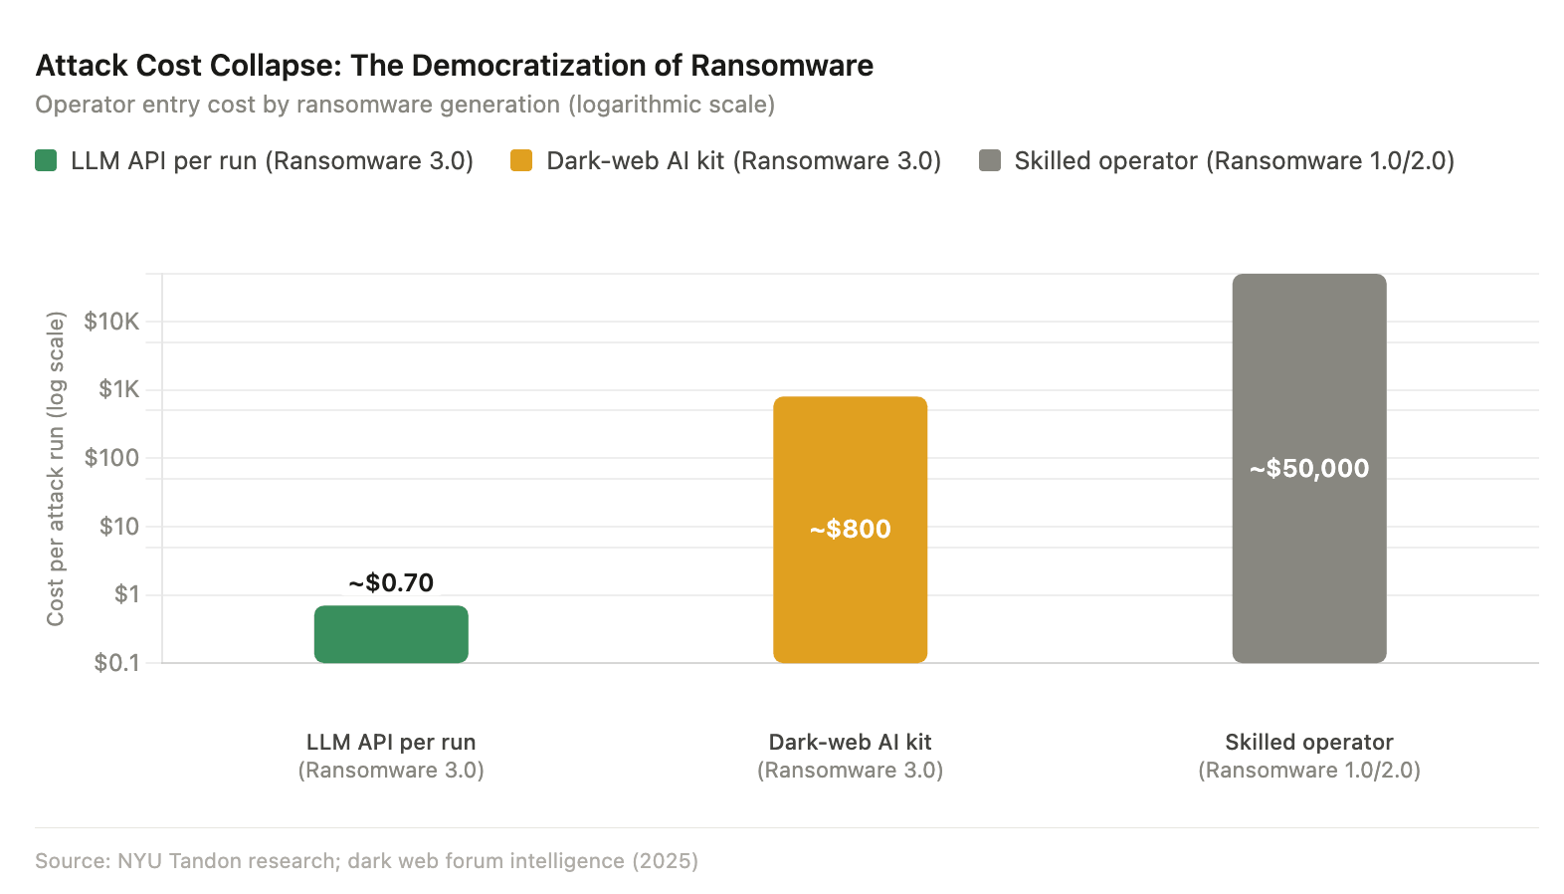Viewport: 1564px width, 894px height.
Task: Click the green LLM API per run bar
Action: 391,634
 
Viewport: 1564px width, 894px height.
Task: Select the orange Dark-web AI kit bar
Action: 850,597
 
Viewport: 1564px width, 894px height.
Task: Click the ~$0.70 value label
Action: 391,582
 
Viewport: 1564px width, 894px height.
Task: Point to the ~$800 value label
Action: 850,529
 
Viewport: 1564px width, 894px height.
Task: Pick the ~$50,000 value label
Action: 1308,468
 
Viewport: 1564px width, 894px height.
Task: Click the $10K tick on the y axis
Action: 111,322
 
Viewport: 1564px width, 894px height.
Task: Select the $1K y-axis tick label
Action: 118,389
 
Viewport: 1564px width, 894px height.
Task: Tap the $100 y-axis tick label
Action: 111,458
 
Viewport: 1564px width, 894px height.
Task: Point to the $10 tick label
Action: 118,526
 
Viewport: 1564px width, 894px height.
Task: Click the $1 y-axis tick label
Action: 126,594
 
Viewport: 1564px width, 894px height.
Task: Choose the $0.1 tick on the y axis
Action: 116,663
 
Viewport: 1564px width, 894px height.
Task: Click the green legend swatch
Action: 46,160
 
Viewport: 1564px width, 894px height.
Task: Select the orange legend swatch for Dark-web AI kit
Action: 521,160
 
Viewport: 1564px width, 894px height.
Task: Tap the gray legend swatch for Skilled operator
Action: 990,160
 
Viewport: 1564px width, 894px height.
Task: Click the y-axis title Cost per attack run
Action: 56,469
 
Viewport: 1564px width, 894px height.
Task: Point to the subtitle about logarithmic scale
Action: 405,105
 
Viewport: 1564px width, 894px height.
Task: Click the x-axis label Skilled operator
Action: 1308,743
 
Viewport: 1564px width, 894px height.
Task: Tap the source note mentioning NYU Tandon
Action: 366,860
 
